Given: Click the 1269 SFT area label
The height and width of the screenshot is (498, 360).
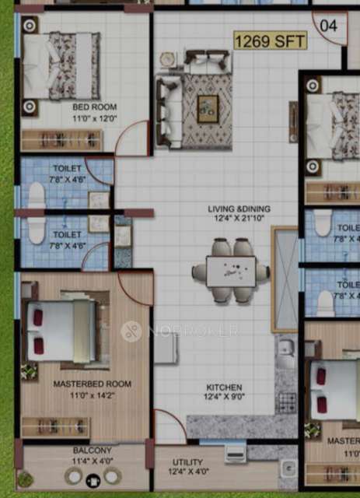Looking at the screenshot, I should [x=271, y=41].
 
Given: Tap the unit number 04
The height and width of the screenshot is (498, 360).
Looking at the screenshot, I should [x=328, y=25].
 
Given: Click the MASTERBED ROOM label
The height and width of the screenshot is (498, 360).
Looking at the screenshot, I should [x=92, y=384].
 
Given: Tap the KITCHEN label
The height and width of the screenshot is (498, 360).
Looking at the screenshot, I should [x=225, y=388].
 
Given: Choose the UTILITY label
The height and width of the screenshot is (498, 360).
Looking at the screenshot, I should [x=187, y=462].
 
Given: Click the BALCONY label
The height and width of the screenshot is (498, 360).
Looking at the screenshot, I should [x=93, y=451].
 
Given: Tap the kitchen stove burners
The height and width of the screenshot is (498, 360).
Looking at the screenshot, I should [x=286, y=402].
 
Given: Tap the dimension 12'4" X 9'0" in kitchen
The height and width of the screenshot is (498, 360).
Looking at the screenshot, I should [x=225, y=398].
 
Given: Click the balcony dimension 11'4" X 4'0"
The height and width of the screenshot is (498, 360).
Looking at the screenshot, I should [x=93, y=461].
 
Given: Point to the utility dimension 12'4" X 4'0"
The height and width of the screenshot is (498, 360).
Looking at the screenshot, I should [x=187, y=472].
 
